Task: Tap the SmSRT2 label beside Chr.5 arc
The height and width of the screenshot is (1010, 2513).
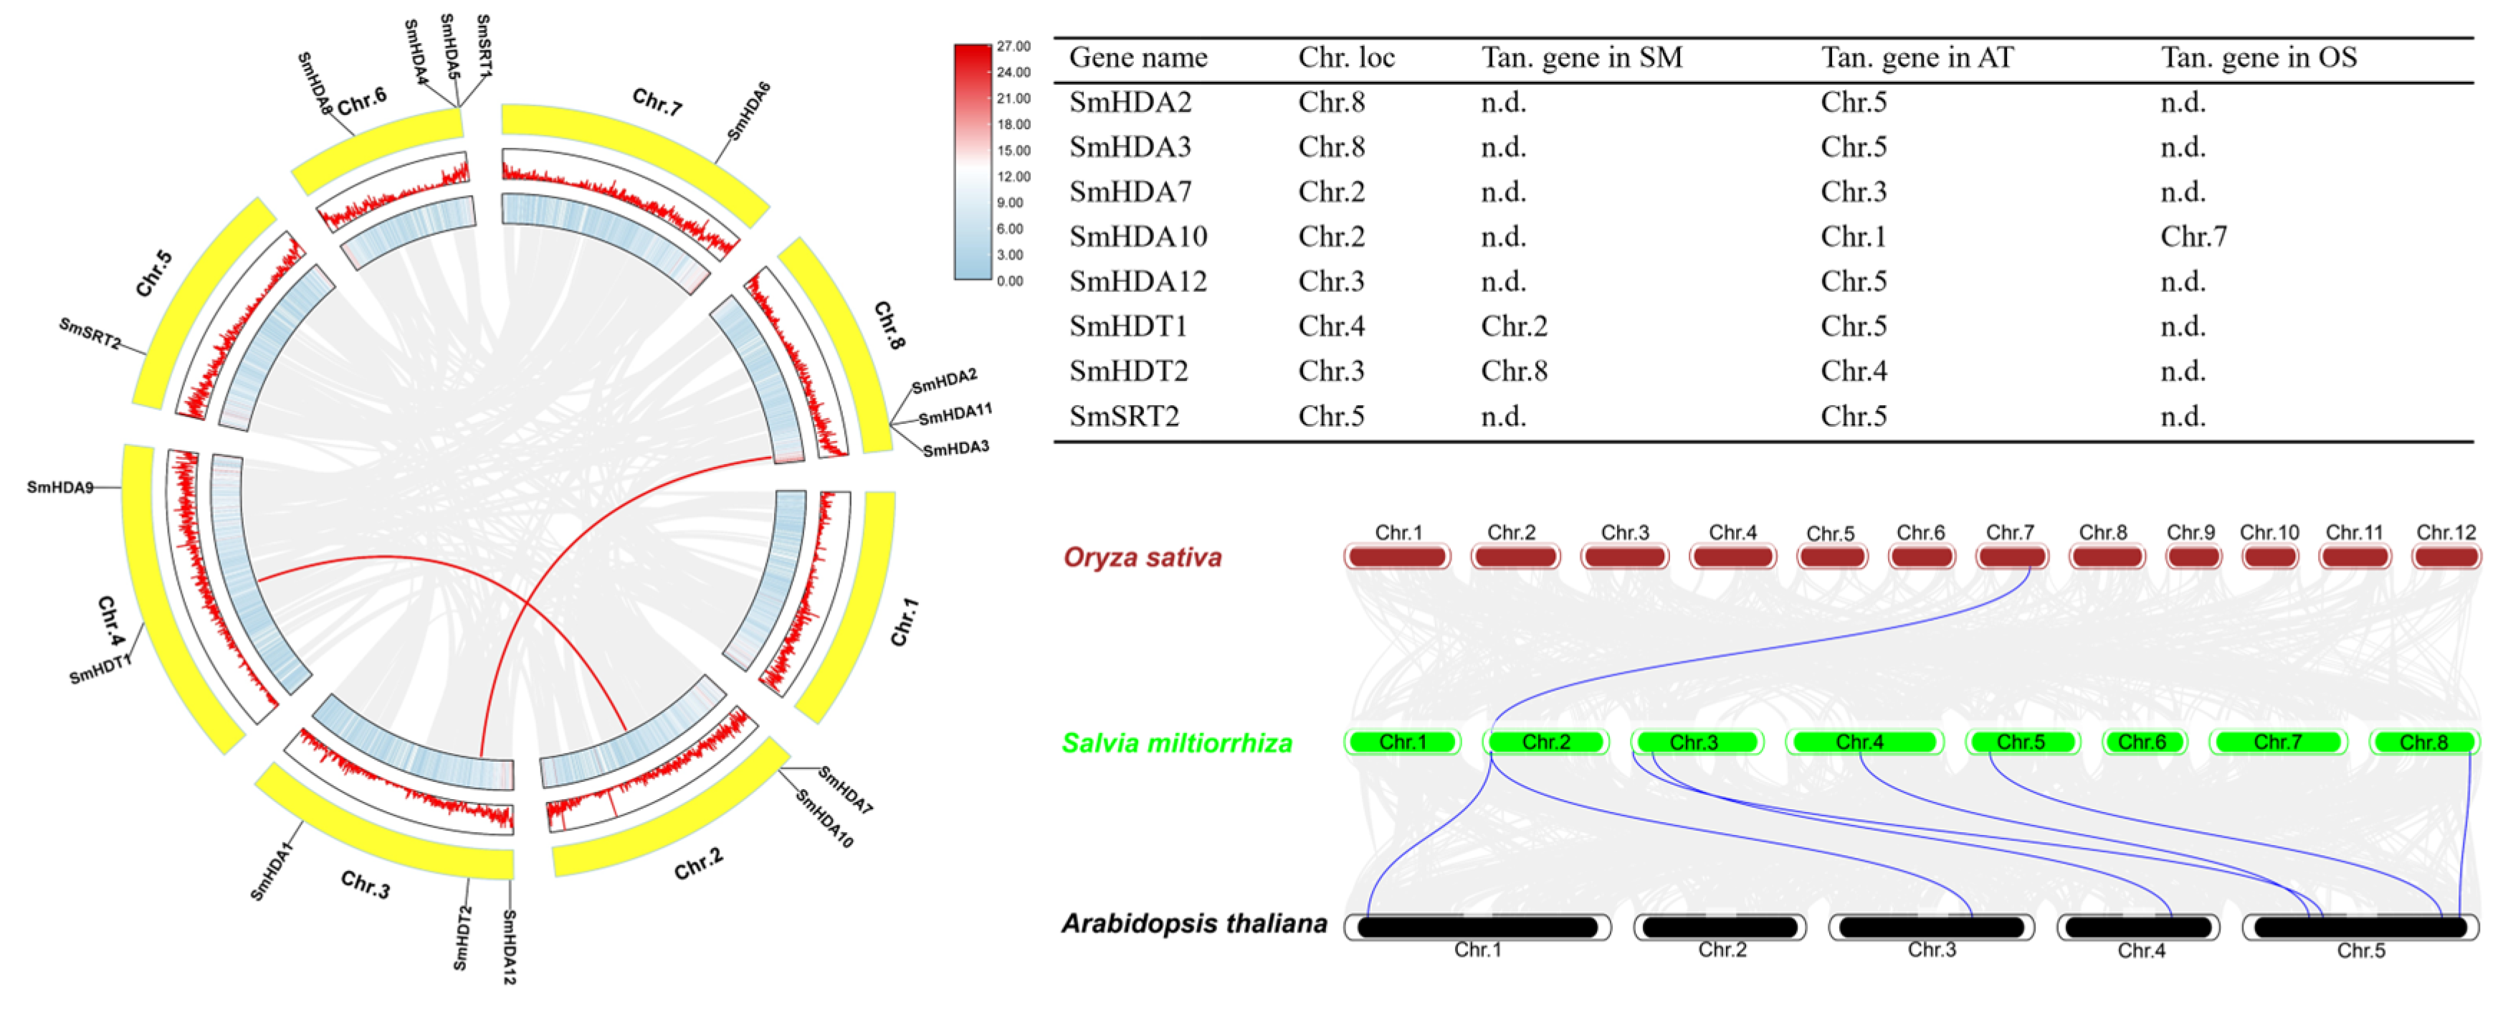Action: [x=90, y=334]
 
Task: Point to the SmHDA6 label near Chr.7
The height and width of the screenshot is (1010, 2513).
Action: [x=749, y=111]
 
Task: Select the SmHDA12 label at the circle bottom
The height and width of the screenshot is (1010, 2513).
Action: [x=509, y=947]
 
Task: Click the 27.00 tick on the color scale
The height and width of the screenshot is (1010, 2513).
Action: [x=1014, y=46]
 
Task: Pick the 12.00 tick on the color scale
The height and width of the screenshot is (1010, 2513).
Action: [x=1014, y=176]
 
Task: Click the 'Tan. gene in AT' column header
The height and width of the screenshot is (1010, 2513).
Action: [x=1916, y=57]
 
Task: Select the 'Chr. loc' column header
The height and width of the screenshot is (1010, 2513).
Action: [x=1345, y=57]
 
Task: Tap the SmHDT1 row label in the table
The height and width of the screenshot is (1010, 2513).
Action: [x=1127, y=326]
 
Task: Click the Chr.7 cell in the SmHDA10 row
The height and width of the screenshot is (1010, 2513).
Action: [x=2193, y=236]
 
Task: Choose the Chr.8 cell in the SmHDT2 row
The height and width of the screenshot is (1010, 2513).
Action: [x=1513, y=371]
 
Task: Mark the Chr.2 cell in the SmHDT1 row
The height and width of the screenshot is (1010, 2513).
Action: [x=1513, y=326]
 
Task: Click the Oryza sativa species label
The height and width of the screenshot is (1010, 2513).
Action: [x=1141, y=557]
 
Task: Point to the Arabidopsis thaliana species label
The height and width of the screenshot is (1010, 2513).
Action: [x=1194, y=923]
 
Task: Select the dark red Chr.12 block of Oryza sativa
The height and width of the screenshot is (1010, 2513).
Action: [x=2446, y=557]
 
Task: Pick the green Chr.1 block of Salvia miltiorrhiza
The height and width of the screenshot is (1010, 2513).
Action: [x=1402, y=742]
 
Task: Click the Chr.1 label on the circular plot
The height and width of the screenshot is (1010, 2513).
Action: [x=903, y=623]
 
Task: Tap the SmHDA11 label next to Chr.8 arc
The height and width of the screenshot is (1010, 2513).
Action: [x=954, y=414]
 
